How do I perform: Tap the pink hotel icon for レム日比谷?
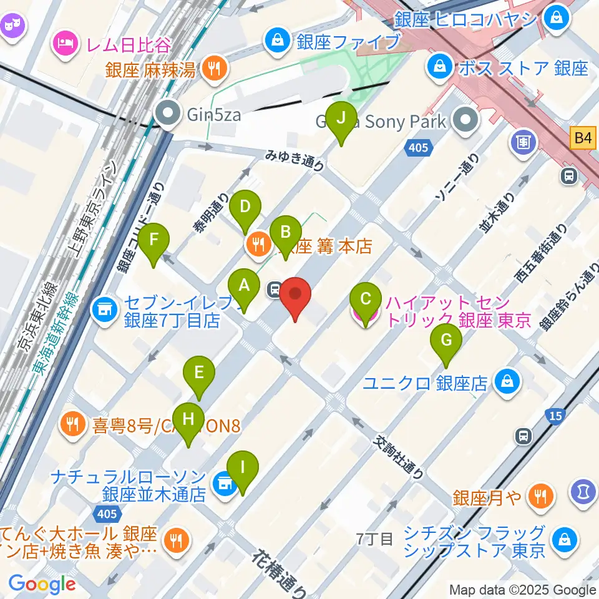pyautogui.click(x=66, y=43)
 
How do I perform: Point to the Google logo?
pyautogui.click(x=42, y=583)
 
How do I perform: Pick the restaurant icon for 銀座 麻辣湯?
pyautogui.click(x=215, y=68)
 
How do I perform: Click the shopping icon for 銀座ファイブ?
pyautogui.click(x=275, y=42)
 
